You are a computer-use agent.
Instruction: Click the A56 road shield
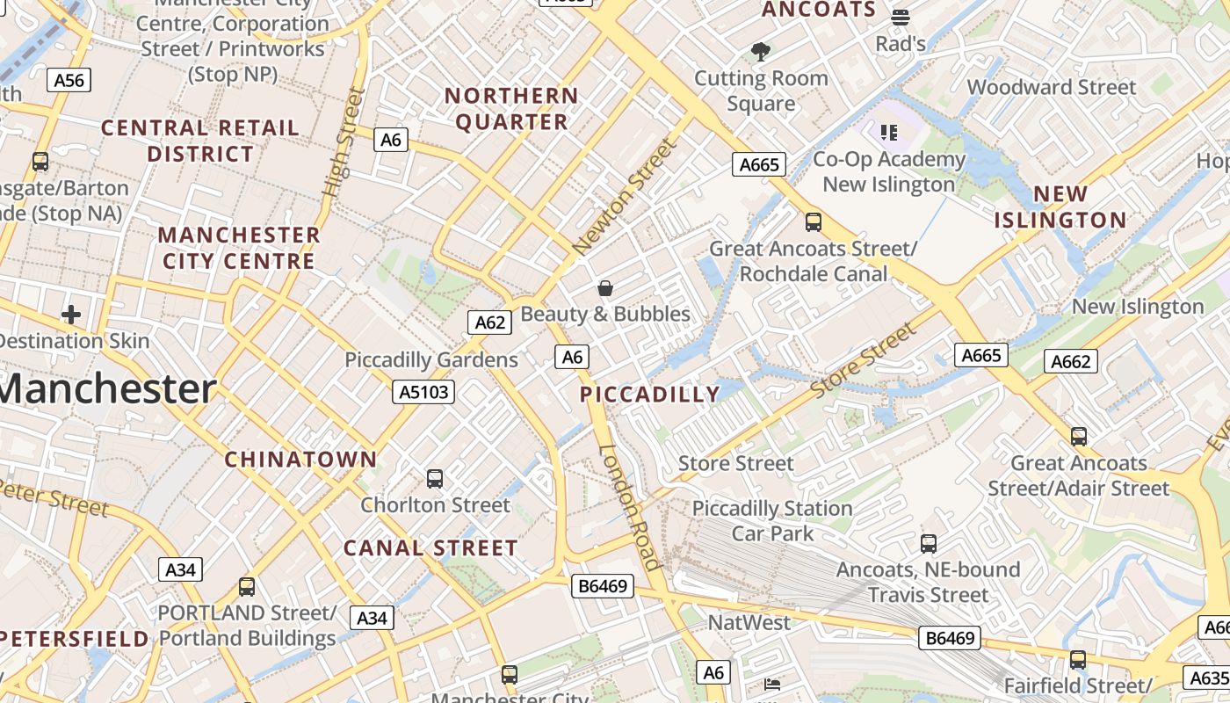69,81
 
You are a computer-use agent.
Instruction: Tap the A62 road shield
489,323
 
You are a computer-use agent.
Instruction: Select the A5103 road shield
423,392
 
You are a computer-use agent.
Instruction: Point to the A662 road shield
1070,361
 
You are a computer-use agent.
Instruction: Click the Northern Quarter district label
511,109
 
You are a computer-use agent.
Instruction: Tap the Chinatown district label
300,460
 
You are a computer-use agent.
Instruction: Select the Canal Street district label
430,548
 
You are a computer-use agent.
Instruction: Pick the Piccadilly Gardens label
431,359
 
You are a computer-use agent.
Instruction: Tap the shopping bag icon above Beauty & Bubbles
605,288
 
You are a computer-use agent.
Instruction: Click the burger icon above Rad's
900,18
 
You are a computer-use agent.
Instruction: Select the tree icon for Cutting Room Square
761,52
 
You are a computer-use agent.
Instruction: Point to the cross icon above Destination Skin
71,315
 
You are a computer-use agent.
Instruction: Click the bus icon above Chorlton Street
435,479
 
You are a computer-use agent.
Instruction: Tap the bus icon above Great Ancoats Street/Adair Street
1078,436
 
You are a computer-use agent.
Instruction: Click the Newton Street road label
625,199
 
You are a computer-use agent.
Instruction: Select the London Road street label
630,507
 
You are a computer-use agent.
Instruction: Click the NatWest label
749,623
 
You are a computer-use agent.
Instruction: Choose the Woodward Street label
1052,87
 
